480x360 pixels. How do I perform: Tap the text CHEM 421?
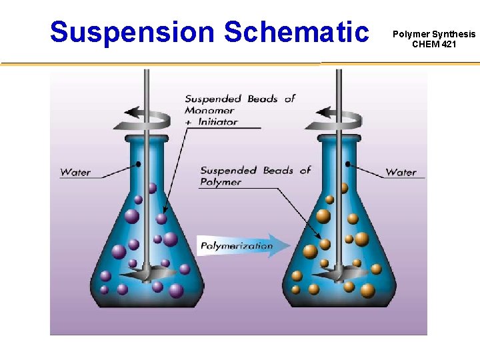434,44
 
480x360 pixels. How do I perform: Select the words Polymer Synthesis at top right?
434,33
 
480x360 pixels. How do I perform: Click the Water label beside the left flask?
75,172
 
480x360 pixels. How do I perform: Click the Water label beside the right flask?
401,172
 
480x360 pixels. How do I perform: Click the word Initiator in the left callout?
217,122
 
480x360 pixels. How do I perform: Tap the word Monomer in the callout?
209,110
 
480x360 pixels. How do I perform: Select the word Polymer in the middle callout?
221,182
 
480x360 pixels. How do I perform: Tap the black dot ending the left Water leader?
139,163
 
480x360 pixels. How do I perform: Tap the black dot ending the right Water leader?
347,163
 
